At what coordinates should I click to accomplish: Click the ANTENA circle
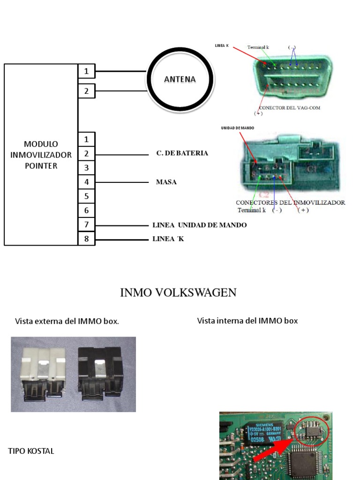180,80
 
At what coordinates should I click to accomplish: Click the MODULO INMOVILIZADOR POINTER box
41,154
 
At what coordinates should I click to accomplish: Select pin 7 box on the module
86,225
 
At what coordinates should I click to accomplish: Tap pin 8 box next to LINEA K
86,239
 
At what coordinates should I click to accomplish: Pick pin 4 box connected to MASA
86,182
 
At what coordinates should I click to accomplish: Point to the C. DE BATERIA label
182,153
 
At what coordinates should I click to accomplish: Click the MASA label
166,182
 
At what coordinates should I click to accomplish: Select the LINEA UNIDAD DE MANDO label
199,225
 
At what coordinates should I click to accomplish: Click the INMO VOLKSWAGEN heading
178,293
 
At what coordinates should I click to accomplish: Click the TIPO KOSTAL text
31,451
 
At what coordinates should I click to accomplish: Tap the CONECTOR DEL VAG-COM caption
289,107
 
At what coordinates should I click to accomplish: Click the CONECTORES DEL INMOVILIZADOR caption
290,202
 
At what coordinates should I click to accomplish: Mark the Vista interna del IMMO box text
247,321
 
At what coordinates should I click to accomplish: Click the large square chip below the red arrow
303,462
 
